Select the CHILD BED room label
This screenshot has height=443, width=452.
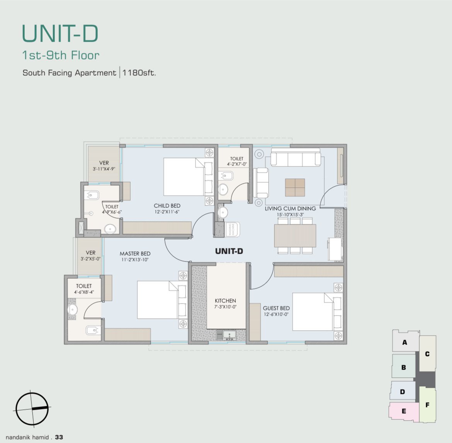click(167, 206)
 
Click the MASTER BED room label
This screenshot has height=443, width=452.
click(135, 254)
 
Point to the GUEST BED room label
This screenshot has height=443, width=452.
click(276, 308)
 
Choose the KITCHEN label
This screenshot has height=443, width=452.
click(225, 300)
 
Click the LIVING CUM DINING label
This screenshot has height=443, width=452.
click(290, 209)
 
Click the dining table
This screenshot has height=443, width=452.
click(295, 236)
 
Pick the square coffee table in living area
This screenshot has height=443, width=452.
click(295, 188)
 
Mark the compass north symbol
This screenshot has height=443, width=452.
click(32, 409)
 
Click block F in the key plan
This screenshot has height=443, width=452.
click(427, 405)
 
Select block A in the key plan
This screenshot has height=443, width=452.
click(404, 342)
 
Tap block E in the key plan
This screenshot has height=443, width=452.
click(404, 411)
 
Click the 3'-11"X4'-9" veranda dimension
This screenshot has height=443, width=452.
click(104, 169)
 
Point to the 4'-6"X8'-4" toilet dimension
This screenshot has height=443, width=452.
click(84, 292)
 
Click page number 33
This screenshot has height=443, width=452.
click(59, 437)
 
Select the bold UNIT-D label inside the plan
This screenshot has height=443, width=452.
click(229, 251)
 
